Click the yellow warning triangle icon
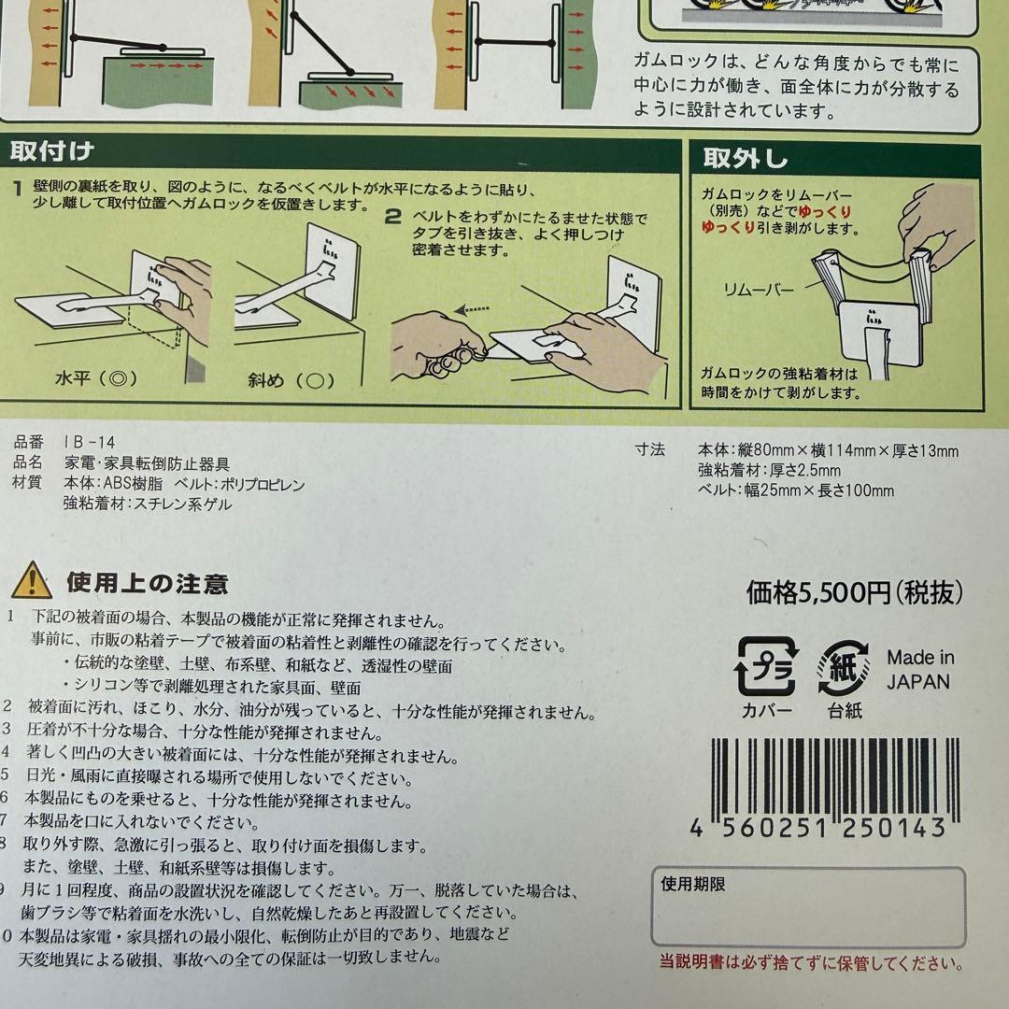pyautogui.click(x=32, y=580)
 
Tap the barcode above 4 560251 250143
pyautogui.click(x=835, y=779)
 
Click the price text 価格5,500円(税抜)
pyautogui.click(x=855, y=592)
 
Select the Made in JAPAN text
pyautogui.click(x=919, y=669)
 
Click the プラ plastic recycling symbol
pyautogui.click(x=766, y=666)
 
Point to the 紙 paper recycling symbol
pyautogui.click(x=844, y=667)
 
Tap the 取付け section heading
pyautogui.click(x=52, y=152)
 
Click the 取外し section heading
pyautogui.click(x=746, y=158)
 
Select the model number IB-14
pyautogui.click(x=90, y=442)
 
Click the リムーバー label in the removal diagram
pyautogui.click(x=759, y=290)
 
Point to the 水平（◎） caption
pyautogui.click(x=96, y=377)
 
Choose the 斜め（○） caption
pyautogui.click(x=291, y=380)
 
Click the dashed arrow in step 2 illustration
pyautogui.click(x=472, y=310)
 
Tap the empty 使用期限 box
pyautogui.click(x=808, y=907)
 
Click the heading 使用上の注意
pyautogui.click(x=148, y=583)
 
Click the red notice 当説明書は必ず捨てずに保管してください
pyautogui.click(x=812, y=962)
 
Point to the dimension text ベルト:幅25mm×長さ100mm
pyautogui.click(x=796, y=490)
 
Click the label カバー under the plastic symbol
pyautogui.click(x=766, y=711)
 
